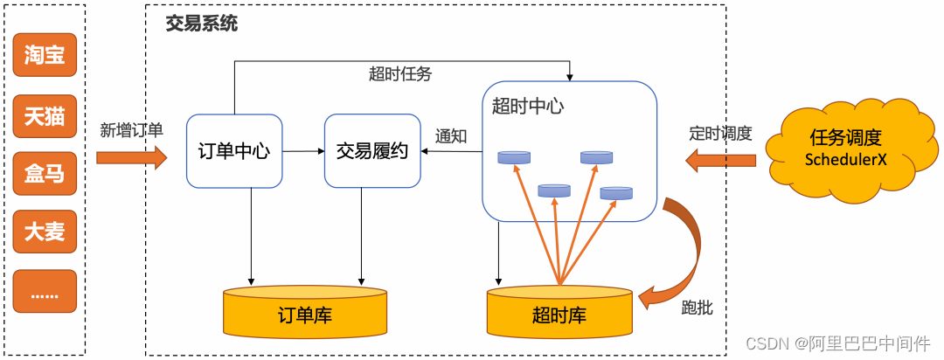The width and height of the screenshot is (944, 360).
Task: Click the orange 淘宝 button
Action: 45,56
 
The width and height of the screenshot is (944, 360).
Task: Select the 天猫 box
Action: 45,114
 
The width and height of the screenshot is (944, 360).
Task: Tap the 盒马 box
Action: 45,173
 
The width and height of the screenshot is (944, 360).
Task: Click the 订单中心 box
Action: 234,151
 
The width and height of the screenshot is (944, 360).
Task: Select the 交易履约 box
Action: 372,151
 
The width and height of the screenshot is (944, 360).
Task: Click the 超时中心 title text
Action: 527,107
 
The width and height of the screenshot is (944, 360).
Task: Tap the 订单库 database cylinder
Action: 304,312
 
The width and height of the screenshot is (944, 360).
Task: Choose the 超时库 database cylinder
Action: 559,312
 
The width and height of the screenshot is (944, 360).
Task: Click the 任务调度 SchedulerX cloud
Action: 845,148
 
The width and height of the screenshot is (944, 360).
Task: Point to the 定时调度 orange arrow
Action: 720,159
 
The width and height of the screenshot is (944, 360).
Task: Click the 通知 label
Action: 451,136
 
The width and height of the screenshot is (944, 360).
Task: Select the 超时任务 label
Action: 400,74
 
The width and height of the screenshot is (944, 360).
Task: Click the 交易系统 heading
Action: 202,24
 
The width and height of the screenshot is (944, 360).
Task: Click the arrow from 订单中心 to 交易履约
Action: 303,151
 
